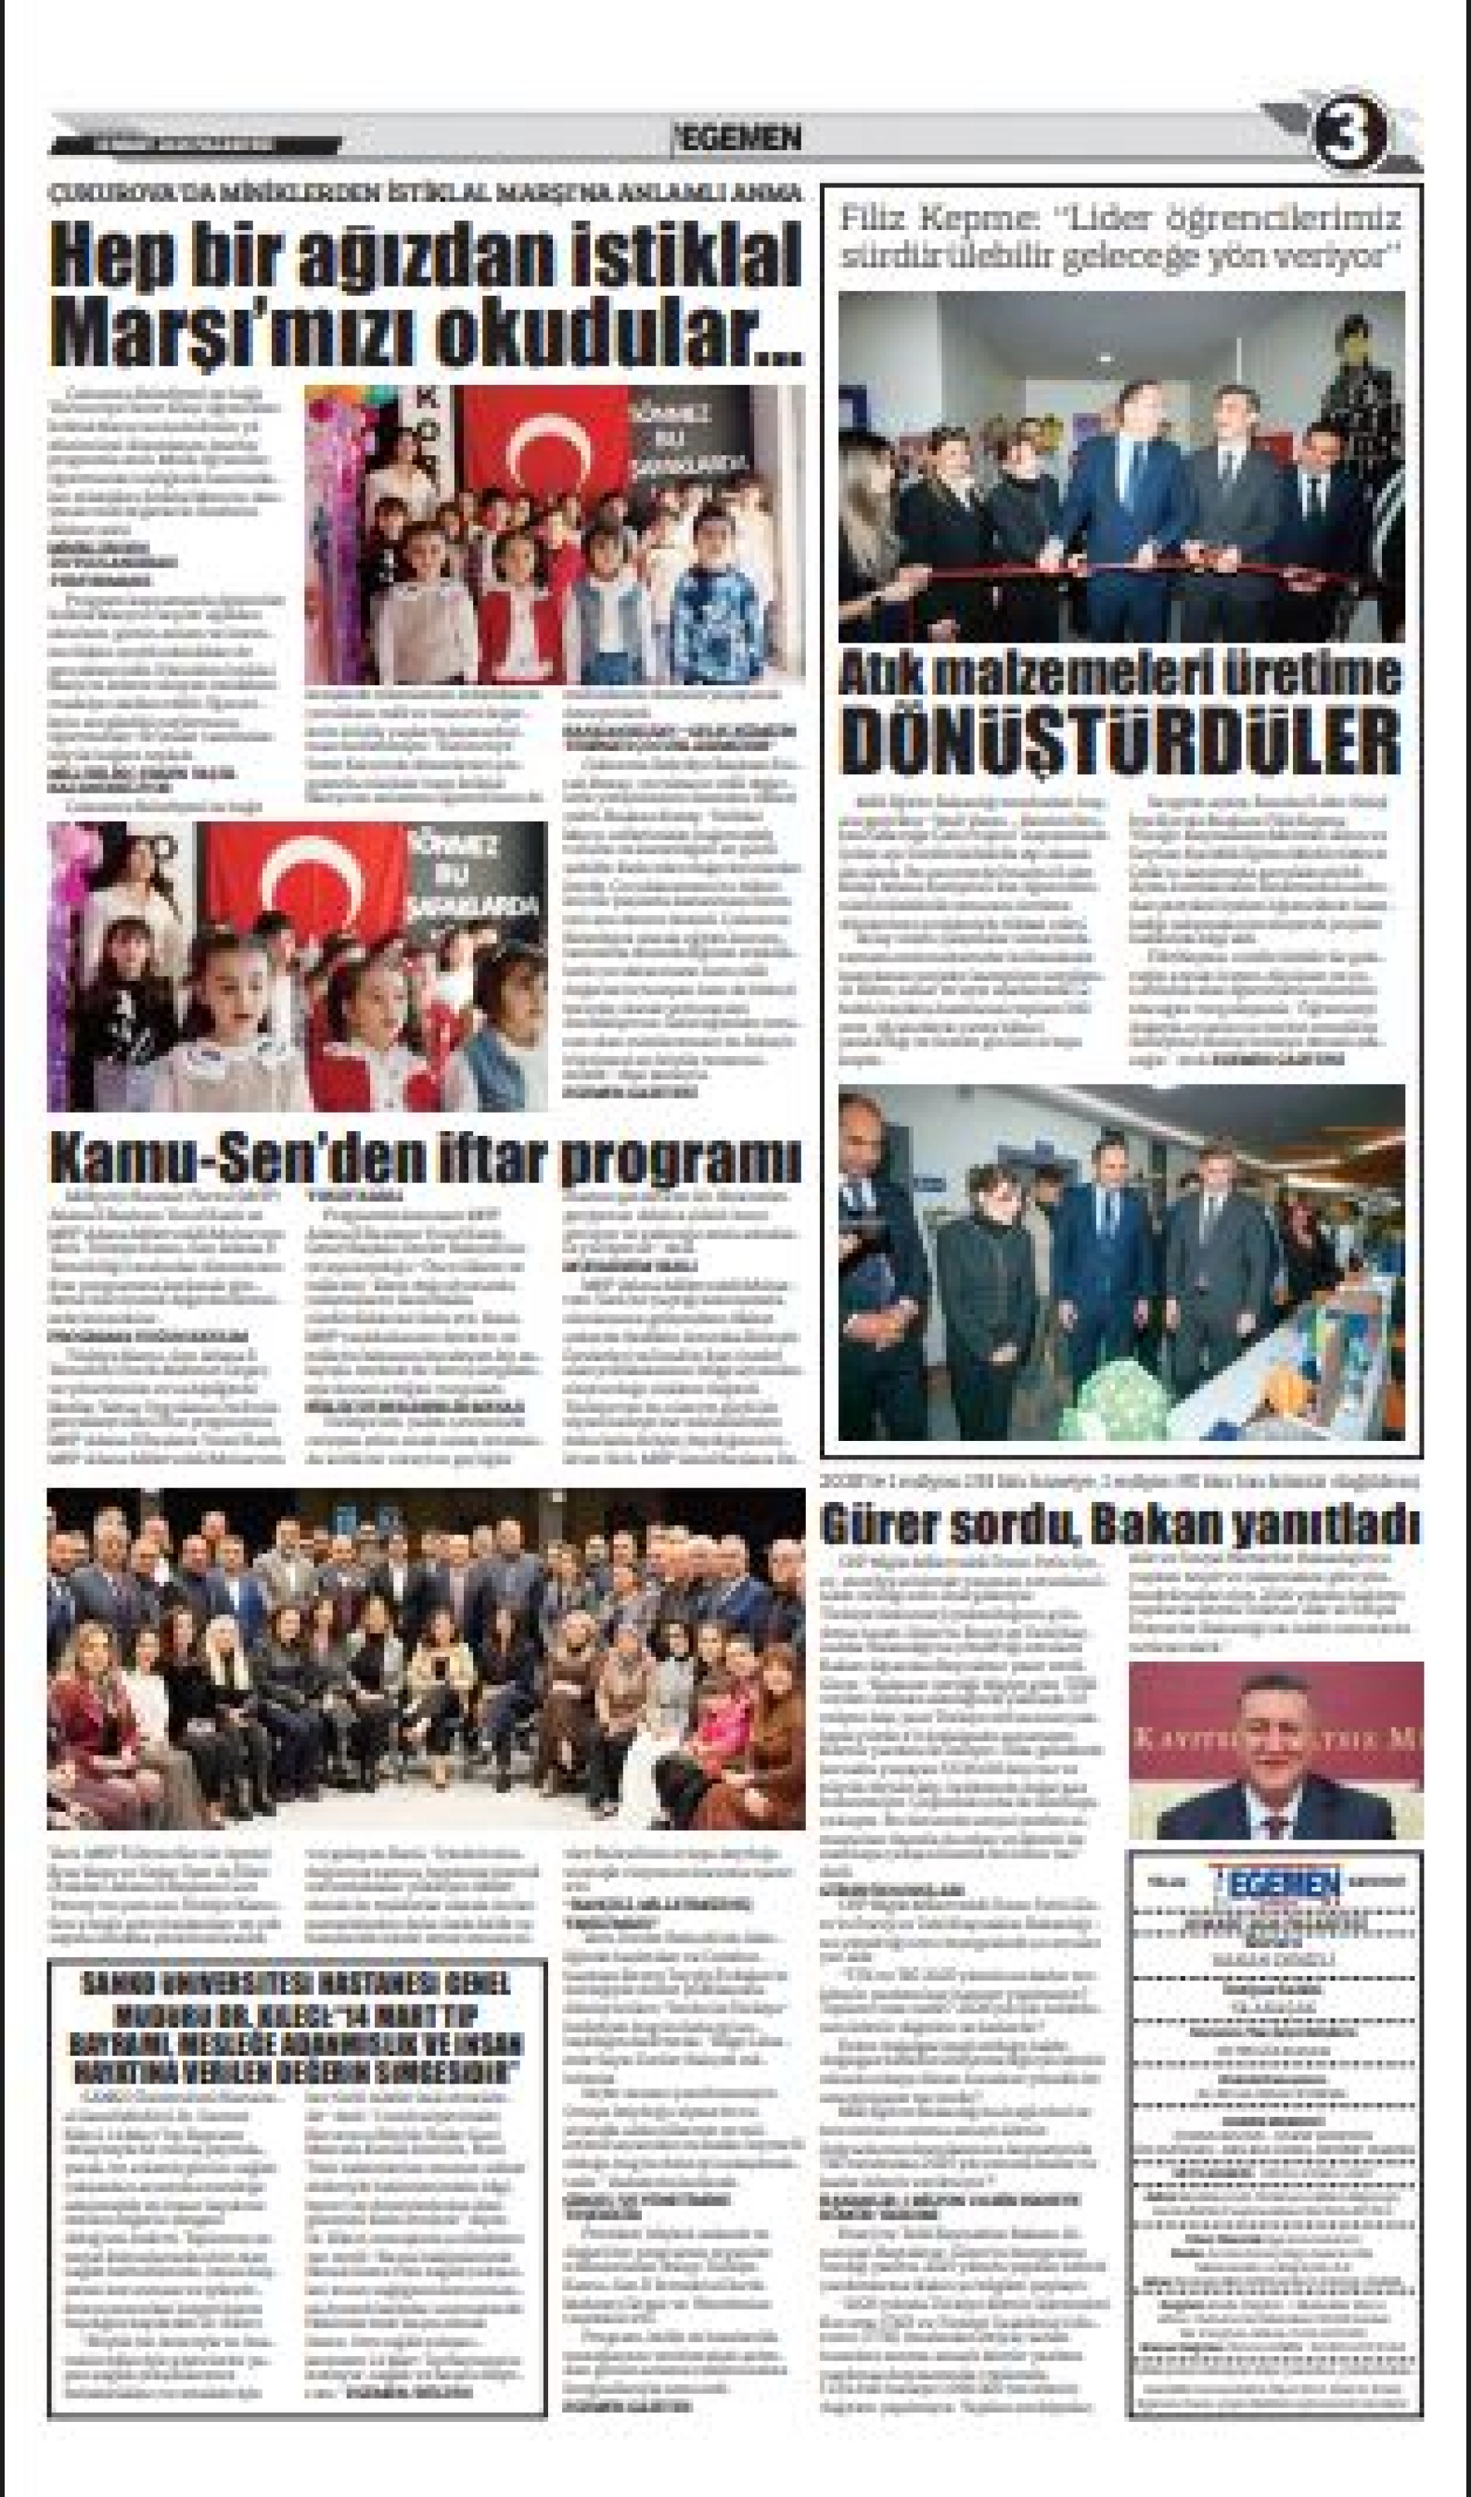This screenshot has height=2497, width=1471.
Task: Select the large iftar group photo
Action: click(x=427, y=1658)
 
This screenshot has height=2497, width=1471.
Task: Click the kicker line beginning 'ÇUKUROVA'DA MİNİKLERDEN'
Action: click(x=427, y=194)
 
